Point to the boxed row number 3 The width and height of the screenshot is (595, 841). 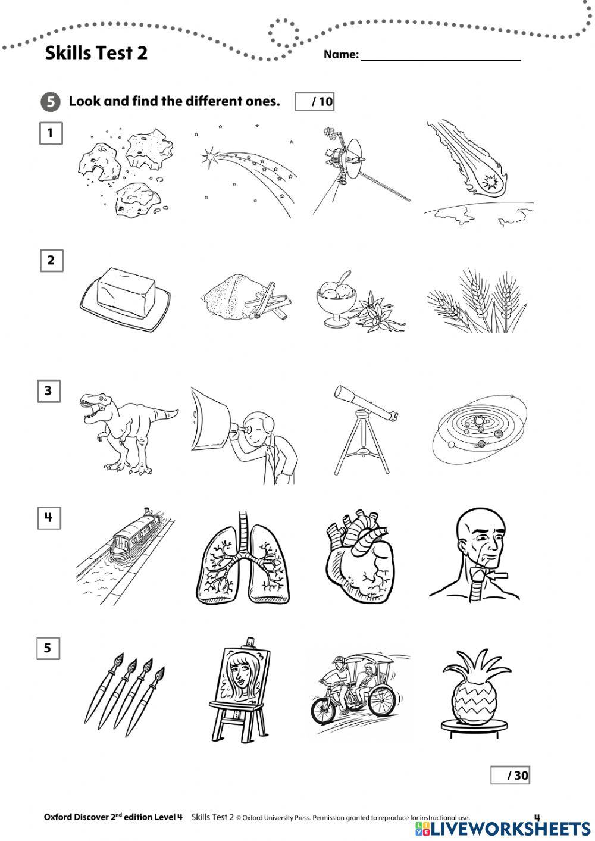coord(48,391)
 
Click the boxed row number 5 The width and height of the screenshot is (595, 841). coord(48,648)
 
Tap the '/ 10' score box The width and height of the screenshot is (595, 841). coord(315,101)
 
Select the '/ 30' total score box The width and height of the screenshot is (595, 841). coord(510,775)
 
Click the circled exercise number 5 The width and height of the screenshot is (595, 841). coord(51,102)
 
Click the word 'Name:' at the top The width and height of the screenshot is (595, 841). coord(341,55)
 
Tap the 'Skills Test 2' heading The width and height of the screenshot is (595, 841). coord(96,53)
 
